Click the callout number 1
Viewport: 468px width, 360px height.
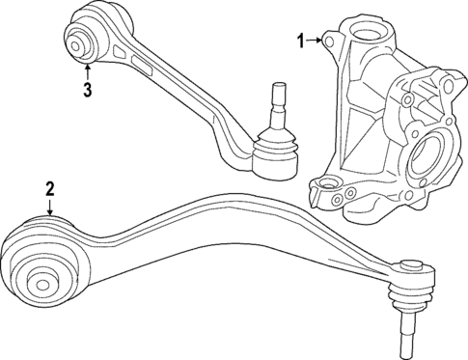[299, 41]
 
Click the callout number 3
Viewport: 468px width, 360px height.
[87, 91]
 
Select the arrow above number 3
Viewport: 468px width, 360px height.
[87, 69]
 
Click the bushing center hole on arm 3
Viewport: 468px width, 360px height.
[77, 43]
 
